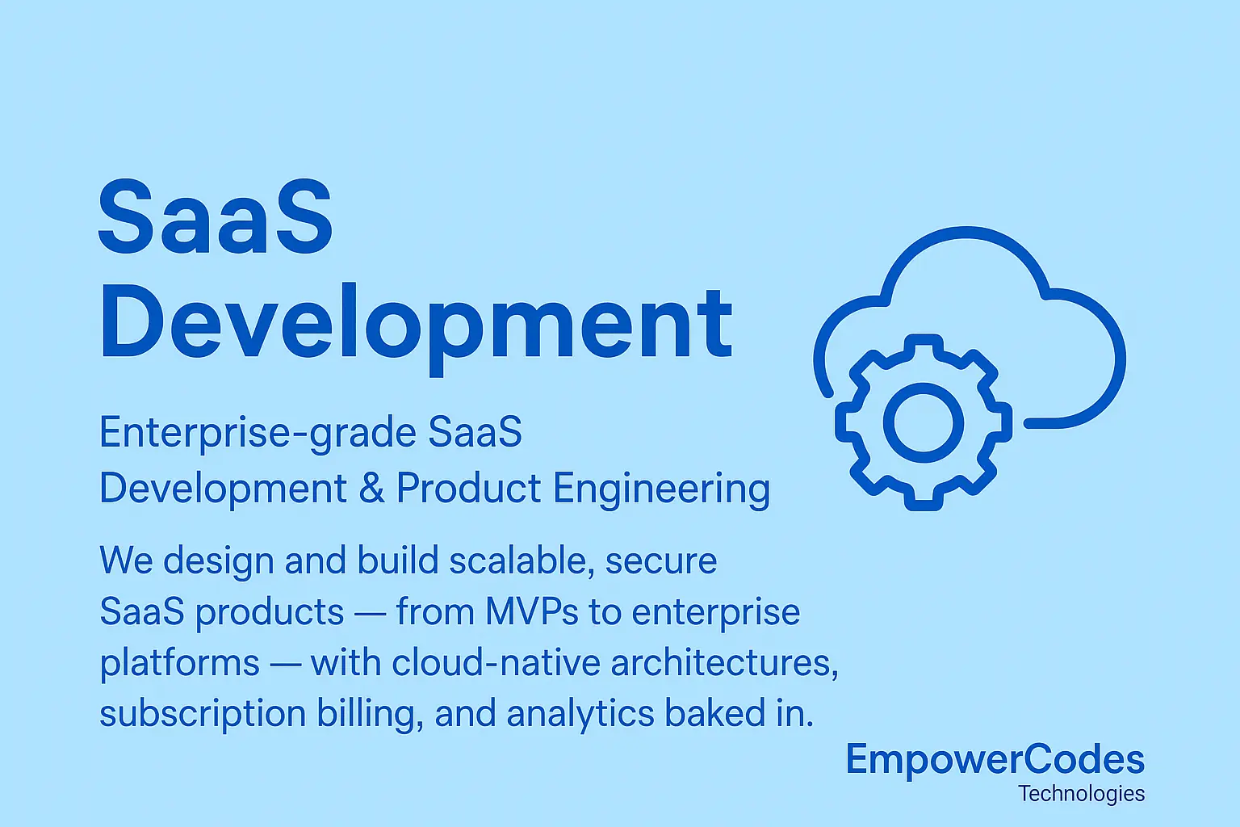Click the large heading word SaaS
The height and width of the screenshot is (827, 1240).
pyautogui.click(x=215, y=217)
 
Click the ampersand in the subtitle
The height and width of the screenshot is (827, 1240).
pyautogui.click(x=371, y=489)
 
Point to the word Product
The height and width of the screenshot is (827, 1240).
pyautogui.click(x=468, y=489)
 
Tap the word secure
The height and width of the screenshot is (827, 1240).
pyautogui.click(x=661, y=561)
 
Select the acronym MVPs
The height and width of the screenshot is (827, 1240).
pyautogui.click(x=531, y=611)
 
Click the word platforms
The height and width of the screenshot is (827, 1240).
pyautogui.click(x=179, y=664)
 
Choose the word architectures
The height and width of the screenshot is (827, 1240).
pyautogui.click(x=723, y=662)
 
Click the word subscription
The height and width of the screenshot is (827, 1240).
pyautogui.click(x=202, y=715)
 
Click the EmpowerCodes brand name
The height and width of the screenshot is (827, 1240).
pyautogui.click(x=995, y=760)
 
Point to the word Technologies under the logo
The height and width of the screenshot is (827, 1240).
pyautogui.click(x=1081, y=793)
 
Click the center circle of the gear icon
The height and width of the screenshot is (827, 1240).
pyautogui.click(x=924, y=422)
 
